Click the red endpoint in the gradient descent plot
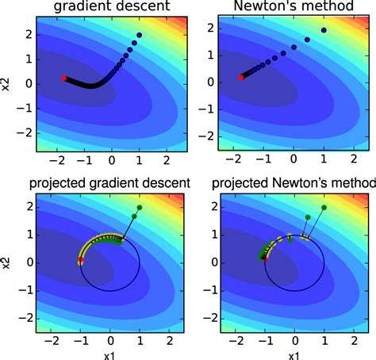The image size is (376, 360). (x=64, y=78)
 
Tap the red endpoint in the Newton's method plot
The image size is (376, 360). (x=241, y=77)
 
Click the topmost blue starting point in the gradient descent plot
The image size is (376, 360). (x=140, y=35)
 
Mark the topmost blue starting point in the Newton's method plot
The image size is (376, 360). (x=323, y=30)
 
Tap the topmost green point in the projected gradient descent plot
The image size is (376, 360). (x=140, y=208)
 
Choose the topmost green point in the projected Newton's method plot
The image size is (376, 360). (x=323, y=208)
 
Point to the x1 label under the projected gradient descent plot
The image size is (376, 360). (x=110, y=352)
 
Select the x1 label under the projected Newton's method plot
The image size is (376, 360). (x=294, y=352)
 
